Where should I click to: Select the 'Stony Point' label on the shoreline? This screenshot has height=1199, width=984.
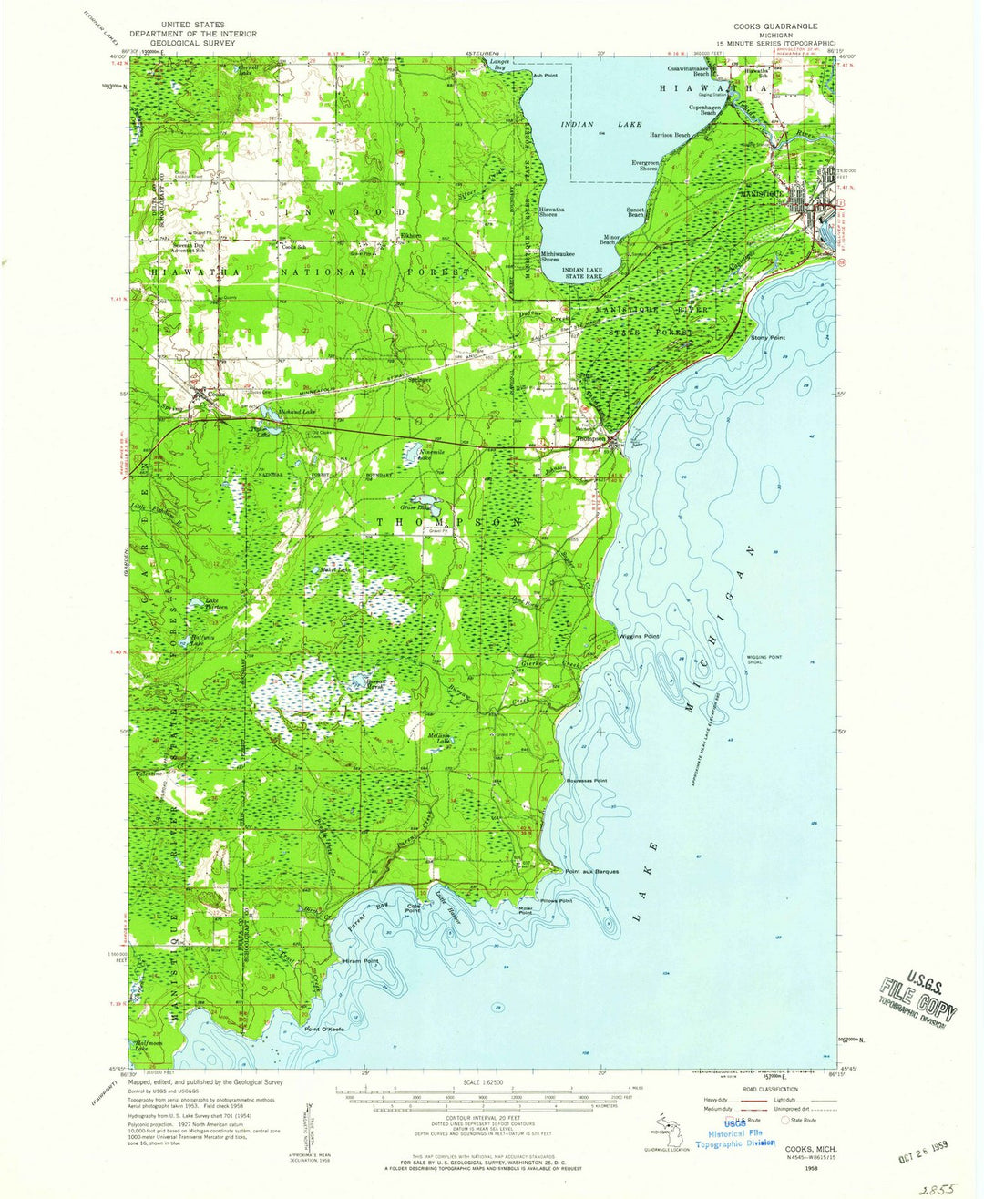pyautogui.click(x=767, y=338)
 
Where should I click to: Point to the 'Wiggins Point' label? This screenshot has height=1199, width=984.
pyautogui.click(x=639, y=636)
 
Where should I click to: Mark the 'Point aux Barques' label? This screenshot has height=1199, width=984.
pyautogui.click(x=591, y=871)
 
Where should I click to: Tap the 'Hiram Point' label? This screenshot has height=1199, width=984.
pyautogui.click(x=359, y=961)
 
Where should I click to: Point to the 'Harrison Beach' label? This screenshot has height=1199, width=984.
pyautogui.click(x=670, y=135)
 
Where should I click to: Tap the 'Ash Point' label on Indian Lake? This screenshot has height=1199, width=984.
pyautogui.click(x=545, y=75)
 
